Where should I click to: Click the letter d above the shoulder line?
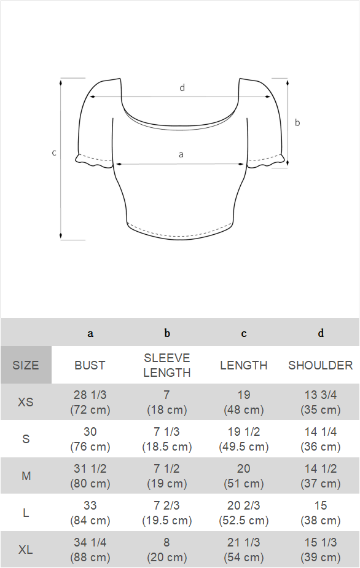(182, 88)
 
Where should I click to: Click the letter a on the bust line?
(181, 155)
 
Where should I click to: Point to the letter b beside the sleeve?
(297, 122)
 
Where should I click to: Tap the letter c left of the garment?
(54, 153)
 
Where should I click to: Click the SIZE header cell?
(26, 365)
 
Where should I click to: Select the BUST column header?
(90, 365)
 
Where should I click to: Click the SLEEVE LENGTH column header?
(167, 365)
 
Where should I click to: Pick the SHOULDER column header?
(321, 365)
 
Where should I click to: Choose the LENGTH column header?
(244, 365)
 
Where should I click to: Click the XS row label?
(25, 402)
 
